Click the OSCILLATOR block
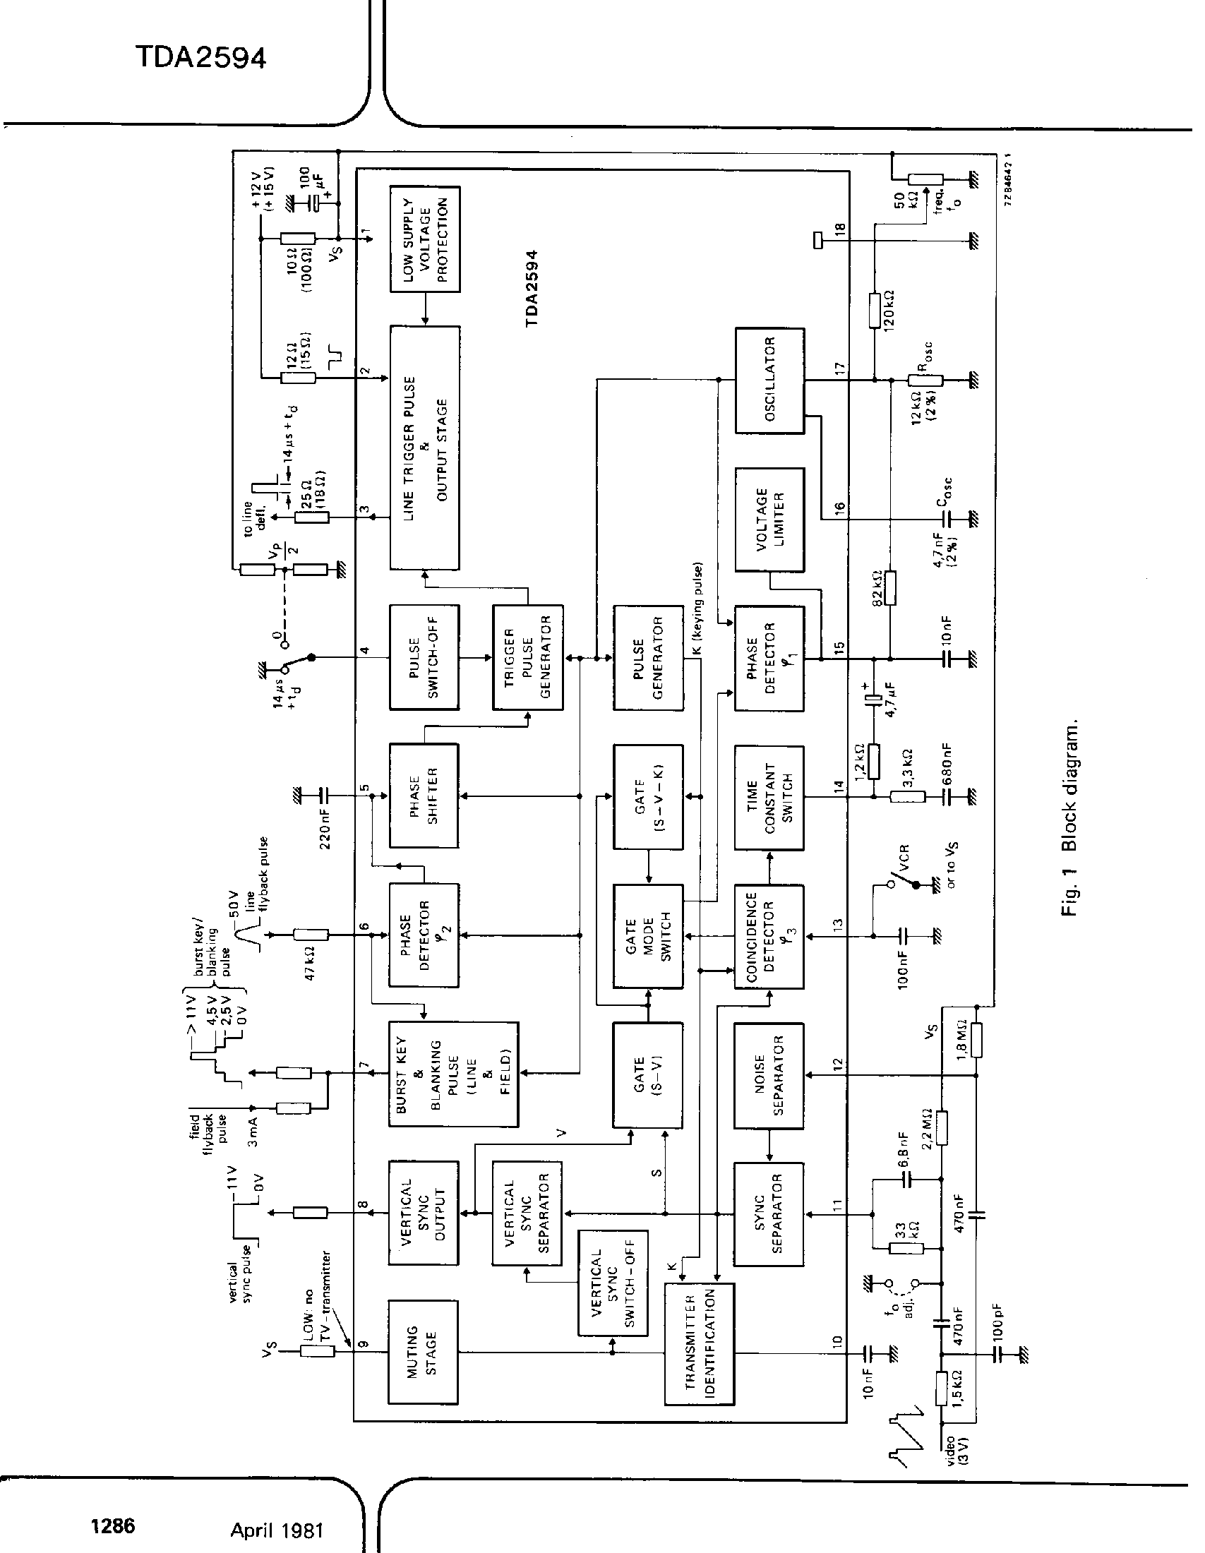tap(769, 380)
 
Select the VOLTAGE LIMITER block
tap(769, 520)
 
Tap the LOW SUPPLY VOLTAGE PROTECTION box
tap(425, 239)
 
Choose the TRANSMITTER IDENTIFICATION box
tap(700, 1345)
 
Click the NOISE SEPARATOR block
tap(769, 1076)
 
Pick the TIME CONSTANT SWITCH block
tap(769, 798)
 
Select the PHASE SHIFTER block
tap(424, 795)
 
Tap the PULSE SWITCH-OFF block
tap(424, 657)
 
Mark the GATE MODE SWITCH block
tap(647, 937)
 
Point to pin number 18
tap(840, 230)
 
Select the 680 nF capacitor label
tap(945, 764)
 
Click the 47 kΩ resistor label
tap(310, 964)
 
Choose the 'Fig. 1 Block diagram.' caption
tap(1071, 817)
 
